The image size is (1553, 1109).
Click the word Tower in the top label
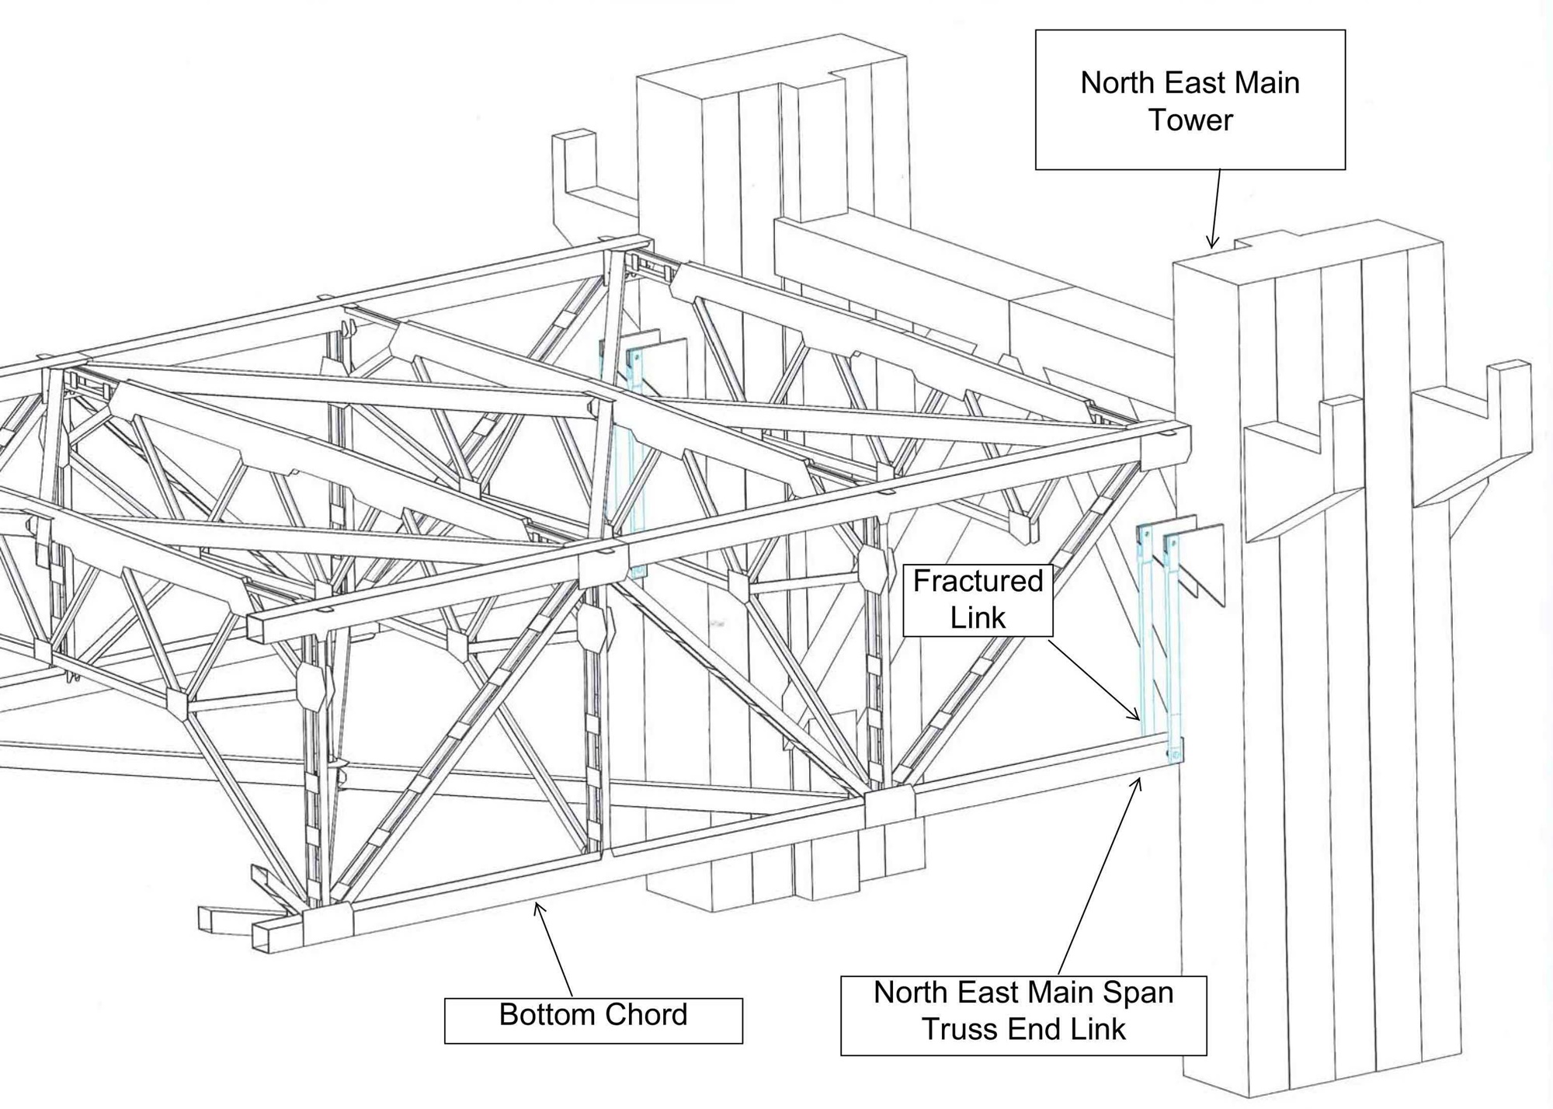(x=1190, y=120)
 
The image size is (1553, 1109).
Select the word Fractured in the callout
(x=978, y=581)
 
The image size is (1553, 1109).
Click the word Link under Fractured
(x=978, y=618)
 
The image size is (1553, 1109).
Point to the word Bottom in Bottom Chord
(x=544, y=1014)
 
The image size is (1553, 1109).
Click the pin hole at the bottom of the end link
(x=1175, y=753)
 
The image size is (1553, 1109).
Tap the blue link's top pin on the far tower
(x=636, y=356)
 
